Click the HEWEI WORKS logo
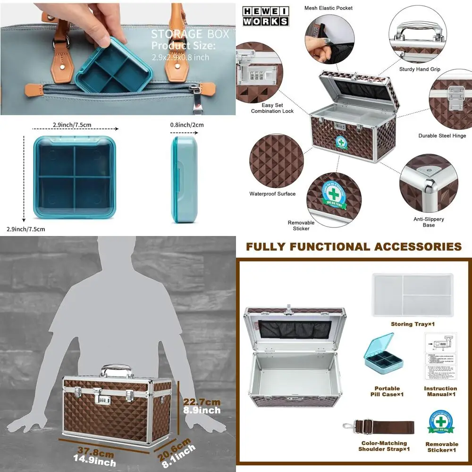[265, 16]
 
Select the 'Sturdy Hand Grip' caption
[419, 69]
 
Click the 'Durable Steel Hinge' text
[442, 136]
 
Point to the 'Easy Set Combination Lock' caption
[272, 108]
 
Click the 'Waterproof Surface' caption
[272, 194]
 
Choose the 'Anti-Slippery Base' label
[428, 222]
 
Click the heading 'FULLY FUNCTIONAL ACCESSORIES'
[354, 246]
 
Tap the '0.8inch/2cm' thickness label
[187, 126]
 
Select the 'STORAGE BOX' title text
[190, 34]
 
